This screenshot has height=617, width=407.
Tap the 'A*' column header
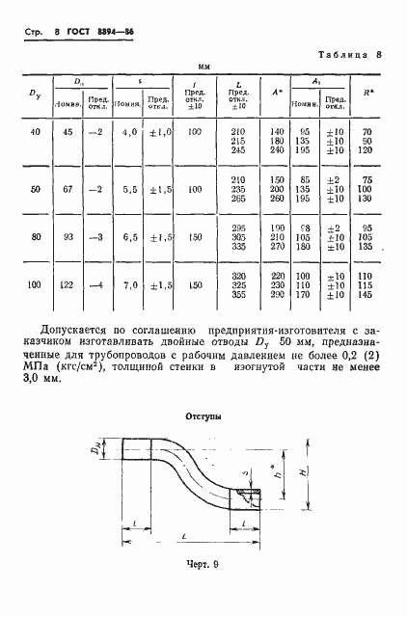pyautogui.click(x=277, y=93)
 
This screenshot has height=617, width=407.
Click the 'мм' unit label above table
pyautogui.click(x=203, y=67)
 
